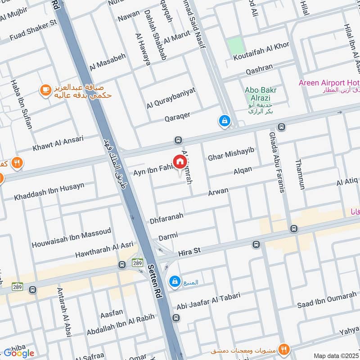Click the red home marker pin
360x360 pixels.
(x=180, y=162)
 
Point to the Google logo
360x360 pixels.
(x=18, y=353)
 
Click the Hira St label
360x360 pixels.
(x=189, y=252)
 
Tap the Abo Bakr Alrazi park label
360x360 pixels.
(x=261, y=94)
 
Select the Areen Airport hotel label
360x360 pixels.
(x=328, y=83)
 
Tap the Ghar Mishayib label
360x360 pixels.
(x=231, y=157)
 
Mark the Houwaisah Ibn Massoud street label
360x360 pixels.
(x=71, y=238)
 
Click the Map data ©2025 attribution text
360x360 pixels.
(x=336, y=355)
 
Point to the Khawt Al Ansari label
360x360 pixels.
(x=58, y=143)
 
